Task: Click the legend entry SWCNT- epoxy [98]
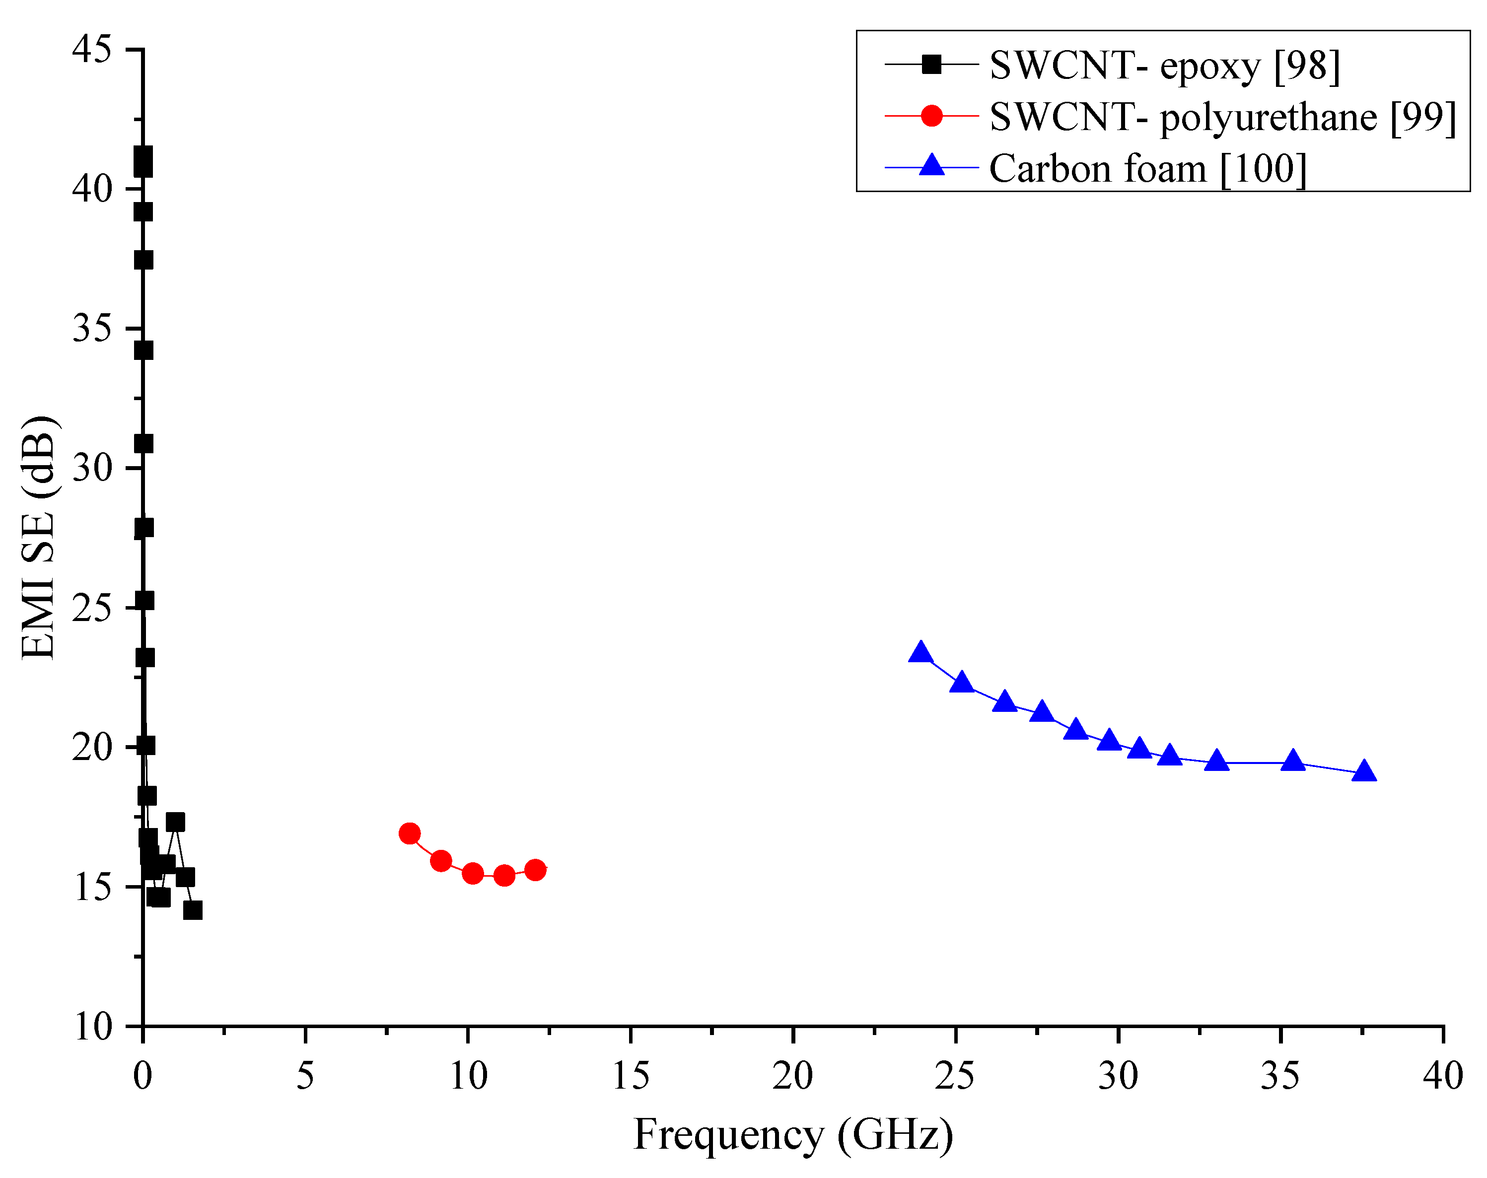1164,66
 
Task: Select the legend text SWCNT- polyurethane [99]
1222,117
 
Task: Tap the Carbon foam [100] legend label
1147,168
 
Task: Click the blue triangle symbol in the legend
932,166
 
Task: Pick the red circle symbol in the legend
932,116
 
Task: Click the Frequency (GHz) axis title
793,1134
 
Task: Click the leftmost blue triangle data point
921,652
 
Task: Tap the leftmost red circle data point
410,834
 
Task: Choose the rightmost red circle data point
535,870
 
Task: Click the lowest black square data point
193,910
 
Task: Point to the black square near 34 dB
143,350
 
